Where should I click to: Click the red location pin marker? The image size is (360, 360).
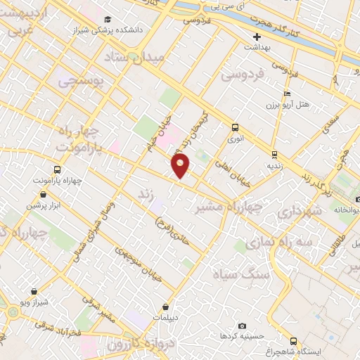pos(181,166)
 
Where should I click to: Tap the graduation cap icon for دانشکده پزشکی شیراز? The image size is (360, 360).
pos(107,20)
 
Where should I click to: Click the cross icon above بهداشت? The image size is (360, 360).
pos(257,37)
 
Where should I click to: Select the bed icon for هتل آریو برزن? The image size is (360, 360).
pos(285,94)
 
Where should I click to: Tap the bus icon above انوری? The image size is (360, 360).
pos(235,127)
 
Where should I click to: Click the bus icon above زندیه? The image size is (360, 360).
pos(274,155)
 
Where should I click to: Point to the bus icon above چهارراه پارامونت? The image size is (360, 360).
pos(56,169)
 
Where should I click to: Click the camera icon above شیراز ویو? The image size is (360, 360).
pos(32,290)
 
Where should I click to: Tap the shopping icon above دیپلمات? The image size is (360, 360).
pos(166,307)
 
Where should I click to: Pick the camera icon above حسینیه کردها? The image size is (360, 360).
pos(242,326)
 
